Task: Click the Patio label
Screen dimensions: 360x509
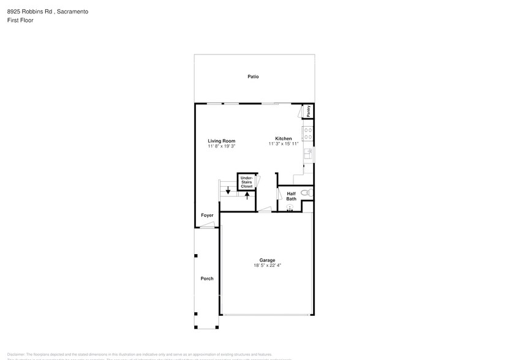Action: pyautogui.click(x=253, y=77)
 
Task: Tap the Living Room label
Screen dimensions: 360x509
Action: pyautogui.click(x=221, y=141)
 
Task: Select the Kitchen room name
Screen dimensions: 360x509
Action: pyautogui.click(x=283, y=138)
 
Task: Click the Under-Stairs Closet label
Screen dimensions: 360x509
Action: pyautogui.click(x=246, y=182)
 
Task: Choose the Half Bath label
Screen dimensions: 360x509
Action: pyautogui.click(x=292, y=196)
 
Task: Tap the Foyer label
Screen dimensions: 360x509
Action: pyautogui.click(x=207, y=216)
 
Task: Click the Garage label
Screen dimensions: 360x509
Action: pyautogui.click(x=266, y=260)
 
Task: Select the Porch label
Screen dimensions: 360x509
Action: pyautogui.click(x=207, y=279)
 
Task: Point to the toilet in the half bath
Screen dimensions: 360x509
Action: pyautogui.click(x=309, y=193)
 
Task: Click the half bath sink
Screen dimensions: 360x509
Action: pyautogui.click(x=290, y=208)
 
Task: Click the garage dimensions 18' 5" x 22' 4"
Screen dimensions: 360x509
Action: pyautogui.click(x=266, y=266)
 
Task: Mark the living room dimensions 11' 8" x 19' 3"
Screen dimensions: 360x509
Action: pyautogui.click(x=221, y=147)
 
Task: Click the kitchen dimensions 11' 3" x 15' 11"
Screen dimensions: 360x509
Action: pyautogui.click(x=283, y=144)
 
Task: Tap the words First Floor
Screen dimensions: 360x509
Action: pyautogui.click(x=20, y=20)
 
